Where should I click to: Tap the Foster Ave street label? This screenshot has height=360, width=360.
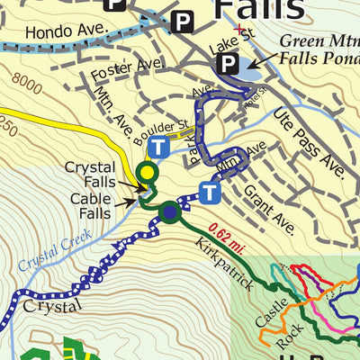tap(124, 66)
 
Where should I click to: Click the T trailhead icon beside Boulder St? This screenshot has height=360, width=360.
tap(159, 147)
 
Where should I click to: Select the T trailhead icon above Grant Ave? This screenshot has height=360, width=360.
tap(210, 192)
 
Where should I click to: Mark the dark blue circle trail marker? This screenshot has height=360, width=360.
tap(170, 212)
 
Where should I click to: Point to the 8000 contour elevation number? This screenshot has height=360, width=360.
tap(29, 86)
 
